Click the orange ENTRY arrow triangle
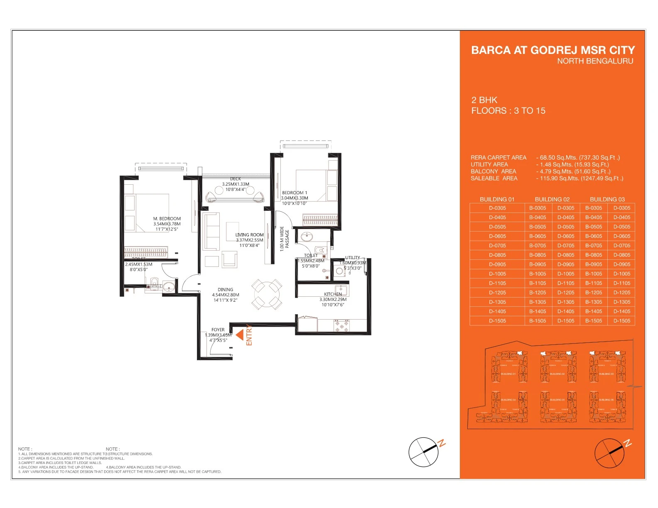240,335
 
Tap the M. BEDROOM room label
167,219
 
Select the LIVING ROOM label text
249,235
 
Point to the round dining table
266,294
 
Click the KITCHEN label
333,294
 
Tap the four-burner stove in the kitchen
342,326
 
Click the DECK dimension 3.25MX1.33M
236,184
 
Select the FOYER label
218,330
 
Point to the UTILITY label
352,258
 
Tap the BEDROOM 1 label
295,193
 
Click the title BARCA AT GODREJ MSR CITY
552,50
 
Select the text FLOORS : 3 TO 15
508,111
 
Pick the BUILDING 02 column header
552,200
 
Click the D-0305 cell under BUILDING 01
497,208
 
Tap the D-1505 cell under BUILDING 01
497,321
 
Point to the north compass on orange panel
609,453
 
